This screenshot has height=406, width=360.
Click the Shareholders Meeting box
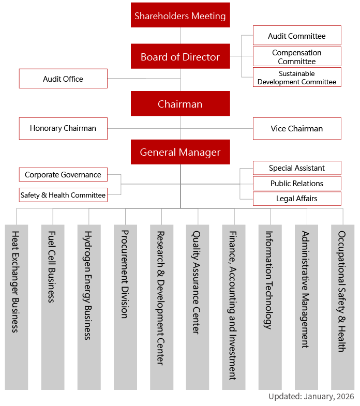coord(180,15)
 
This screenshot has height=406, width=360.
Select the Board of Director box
coord(180,56)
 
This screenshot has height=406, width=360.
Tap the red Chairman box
coord(180,103)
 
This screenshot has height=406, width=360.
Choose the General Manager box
coord(180,152)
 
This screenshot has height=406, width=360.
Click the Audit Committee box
coord(297,36)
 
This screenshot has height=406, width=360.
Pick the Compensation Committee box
coord(297,56)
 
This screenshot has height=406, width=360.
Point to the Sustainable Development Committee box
coord(297,77)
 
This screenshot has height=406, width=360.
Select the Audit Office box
coord(63,79)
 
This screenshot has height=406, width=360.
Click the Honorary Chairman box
coord(63,128)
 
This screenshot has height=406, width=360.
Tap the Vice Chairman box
coord(297,128)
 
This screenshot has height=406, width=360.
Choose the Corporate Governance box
coord(63,174)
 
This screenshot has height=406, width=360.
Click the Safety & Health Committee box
coord(63,195)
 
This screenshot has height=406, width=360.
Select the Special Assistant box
coord(297,168)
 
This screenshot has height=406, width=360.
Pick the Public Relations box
coord(297,184)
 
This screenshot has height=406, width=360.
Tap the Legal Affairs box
coord(297,199)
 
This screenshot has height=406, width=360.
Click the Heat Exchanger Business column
coord(17,307)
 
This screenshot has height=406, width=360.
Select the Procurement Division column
coord(125,307)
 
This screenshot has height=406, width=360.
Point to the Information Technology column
coord(270,307)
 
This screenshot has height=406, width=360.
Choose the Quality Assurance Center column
coord(198,307)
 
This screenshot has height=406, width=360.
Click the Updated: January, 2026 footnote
coord(311,396)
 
